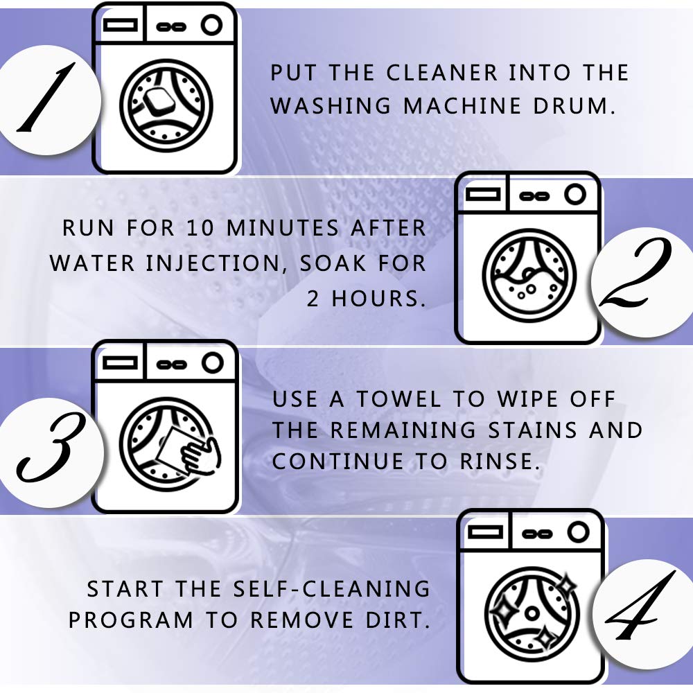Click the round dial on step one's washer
point(212,26)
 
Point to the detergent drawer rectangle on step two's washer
point(484,195)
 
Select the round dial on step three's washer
point(212,362)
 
